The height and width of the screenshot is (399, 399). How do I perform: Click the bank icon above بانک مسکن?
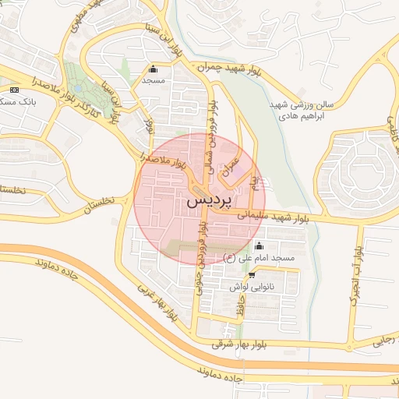[x=13, y=90]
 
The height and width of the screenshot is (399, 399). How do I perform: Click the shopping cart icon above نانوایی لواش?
[x=251, y=275]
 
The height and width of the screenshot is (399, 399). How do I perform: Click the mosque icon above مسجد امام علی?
[x=259, y=247]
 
